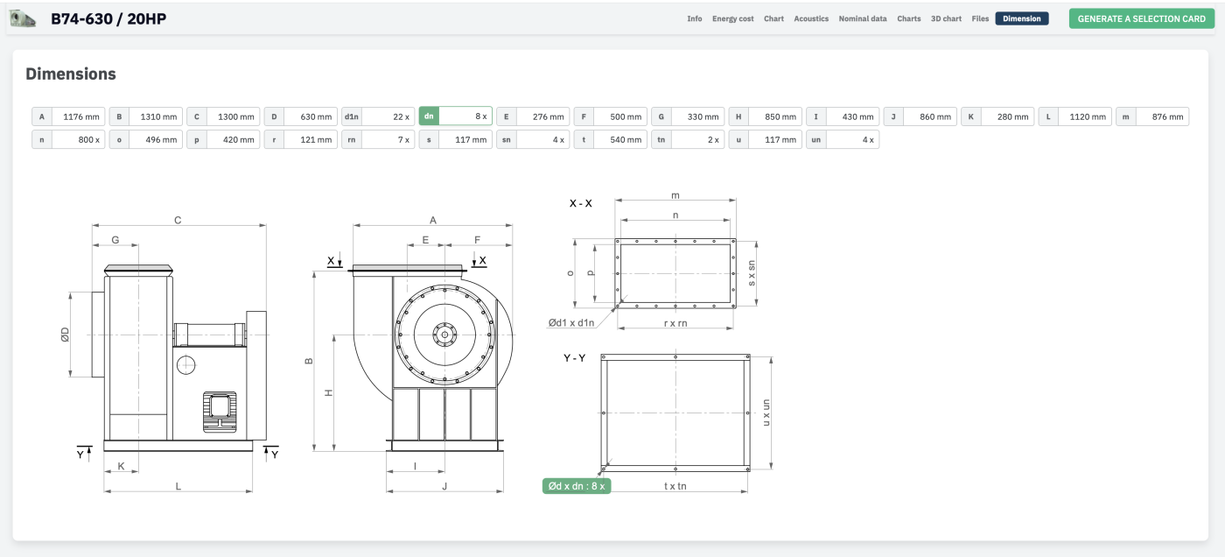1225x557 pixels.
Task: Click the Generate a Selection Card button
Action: (1141, 18)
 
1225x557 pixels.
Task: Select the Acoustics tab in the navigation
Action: (811, 18)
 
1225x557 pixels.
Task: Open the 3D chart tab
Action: (946, 18)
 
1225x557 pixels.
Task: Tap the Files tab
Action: (980, 18)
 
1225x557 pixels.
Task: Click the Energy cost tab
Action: (733, 18)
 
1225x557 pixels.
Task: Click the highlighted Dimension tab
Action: (1022, 18)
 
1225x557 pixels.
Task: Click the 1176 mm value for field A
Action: (80, 116)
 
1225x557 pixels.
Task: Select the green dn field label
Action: (429, 116)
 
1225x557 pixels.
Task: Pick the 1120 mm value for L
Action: (1087, 116)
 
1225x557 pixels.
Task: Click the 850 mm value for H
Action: (780, 116)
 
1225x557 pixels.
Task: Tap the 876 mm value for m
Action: (1167, 116)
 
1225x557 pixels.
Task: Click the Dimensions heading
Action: (71, 74)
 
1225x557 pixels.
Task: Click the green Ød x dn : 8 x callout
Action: (577, 486)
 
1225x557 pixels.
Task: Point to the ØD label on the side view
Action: (65, 335)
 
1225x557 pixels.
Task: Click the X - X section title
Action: (580, 203)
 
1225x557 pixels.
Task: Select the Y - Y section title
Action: (574, 358)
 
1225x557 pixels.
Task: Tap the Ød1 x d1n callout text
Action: (570, 323)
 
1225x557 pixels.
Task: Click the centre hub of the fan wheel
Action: (444, 335)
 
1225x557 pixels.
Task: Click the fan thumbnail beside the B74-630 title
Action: (23, 18)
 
